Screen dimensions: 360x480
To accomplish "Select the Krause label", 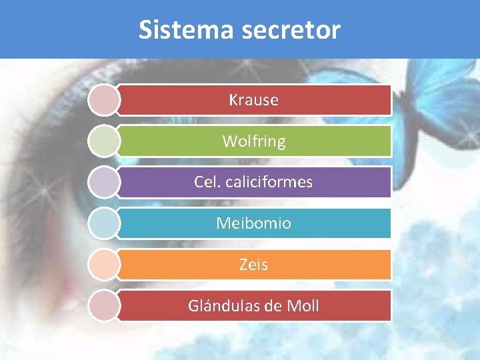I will [253, 100].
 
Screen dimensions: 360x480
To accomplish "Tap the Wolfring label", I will [253, 141].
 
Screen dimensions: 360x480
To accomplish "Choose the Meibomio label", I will [253, 223].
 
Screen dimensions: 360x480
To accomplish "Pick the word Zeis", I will [253, 265].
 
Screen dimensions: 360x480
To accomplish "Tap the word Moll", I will [303, 306].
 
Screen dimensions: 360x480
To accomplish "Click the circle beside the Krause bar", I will [103, 100].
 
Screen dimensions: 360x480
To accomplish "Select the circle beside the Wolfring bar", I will [103, 141].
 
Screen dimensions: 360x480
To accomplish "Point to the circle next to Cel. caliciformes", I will [103, 182].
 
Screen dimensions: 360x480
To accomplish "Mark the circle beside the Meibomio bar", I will [103, 223].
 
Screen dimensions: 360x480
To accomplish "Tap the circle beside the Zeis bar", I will [103, 265].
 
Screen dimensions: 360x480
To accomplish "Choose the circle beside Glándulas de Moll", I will [103, 306].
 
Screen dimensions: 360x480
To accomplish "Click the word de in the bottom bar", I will [272, 306].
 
